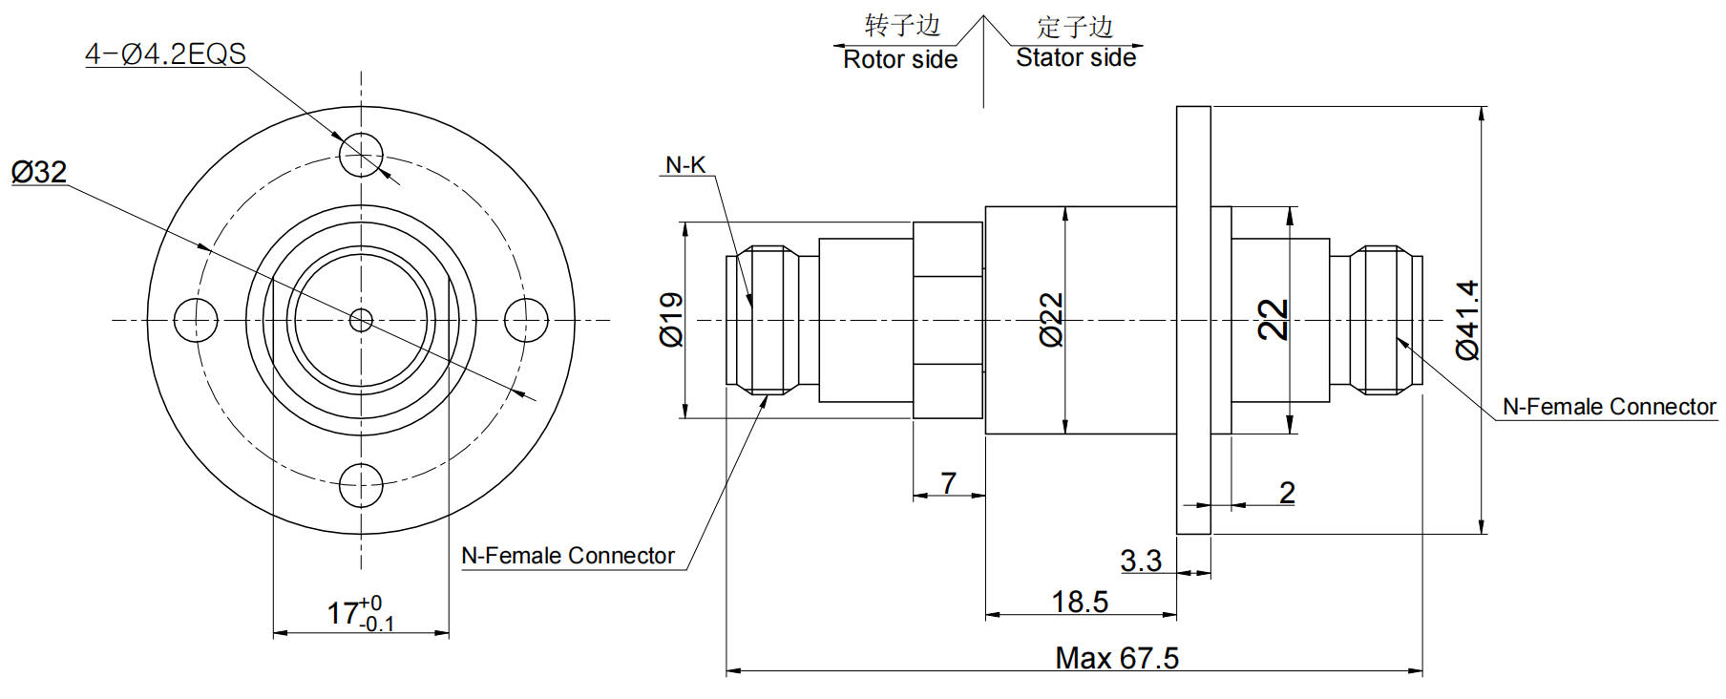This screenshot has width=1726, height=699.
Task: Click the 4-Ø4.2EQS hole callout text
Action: click(165, 53)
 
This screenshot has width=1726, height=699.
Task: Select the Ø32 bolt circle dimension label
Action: click(39, 172)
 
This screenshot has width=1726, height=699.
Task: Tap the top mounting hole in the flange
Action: click(361, 154)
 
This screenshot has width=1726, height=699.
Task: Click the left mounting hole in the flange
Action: click(196, 320)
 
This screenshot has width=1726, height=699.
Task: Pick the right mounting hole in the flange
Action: click(526, 320)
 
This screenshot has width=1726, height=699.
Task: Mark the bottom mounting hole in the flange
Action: click(361, 486)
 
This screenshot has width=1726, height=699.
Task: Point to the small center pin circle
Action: click(361, 320)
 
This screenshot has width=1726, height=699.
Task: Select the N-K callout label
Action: click(685, 165)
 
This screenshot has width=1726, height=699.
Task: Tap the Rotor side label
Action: click(900, 59)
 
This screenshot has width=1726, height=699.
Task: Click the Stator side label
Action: click(1076, 58)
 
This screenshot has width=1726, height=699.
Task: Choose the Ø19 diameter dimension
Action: click(672, 320)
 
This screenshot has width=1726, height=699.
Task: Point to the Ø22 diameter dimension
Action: click(1051, 320)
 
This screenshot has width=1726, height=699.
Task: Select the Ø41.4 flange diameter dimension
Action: click(1467, 320)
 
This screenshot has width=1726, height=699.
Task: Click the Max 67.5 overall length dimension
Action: click(1117, 658)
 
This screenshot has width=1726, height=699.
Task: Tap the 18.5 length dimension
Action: click(1080, 602)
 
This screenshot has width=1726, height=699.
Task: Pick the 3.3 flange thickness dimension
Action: click(1141, 561)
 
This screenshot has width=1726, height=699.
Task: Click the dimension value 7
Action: click(948, 483)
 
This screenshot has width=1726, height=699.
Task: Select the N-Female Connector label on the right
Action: click(1609, 407)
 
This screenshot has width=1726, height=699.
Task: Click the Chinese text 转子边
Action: click(902, 26)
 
